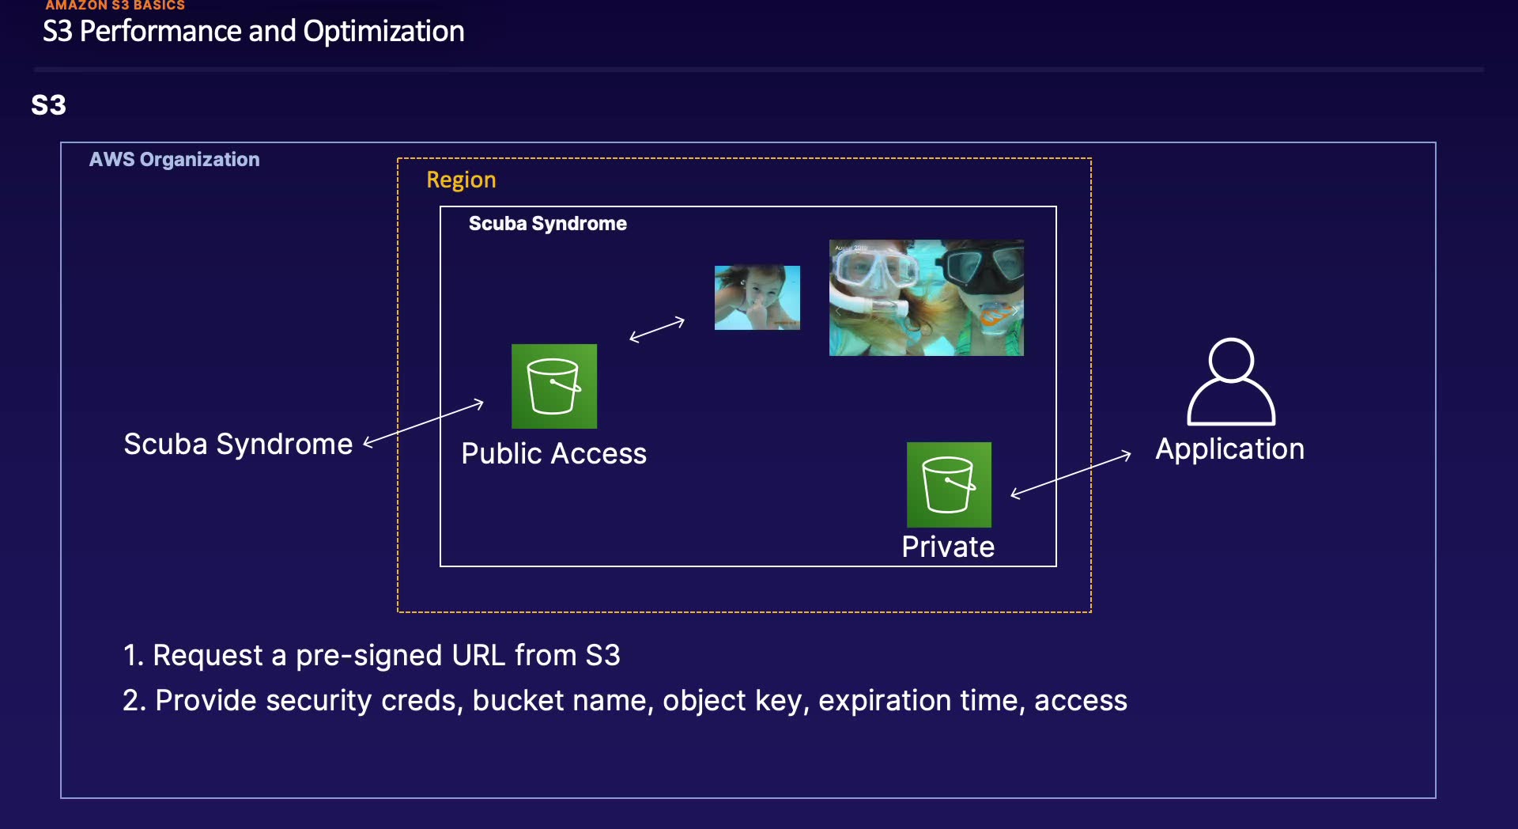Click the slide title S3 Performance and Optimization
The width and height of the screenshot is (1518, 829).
click(253, 32)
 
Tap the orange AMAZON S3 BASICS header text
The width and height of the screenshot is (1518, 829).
click(115, 6)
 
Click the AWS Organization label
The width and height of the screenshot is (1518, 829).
click(174, 160)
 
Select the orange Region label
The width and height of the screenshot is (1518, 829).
click(461, 180)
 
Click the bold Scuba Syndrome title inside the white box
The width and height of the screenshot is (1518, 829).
click(547, 224)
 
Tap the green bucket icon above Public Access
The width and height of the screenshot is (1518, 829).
click(553, 386)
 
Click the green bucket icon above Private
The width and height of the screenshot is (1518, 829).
click(949, 484)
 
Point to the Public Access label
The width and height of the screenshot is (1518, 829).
click(553, 454)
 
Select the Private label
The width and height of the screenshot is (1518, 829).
click(948, 547)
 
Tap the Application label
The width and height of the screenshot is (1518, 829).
click(1229, 449)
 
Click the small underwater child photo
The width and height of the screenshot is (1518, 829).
click(757, 297)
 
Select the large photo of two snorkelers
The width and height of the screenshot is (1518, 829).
click(926, 297)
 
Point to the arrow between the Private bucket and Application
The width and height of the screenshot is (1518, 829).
click(1071, 475)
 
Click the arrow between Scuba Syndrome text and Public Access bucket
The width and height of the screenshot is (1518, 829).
click(424, 423)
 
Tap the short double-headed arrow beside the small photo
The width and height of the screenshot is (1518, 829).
click(657, 329)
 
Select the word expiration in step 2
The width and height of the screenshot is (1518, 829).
click(884, 701)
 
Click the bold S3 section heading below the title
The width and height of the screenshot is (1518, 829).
click(48, 105)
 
